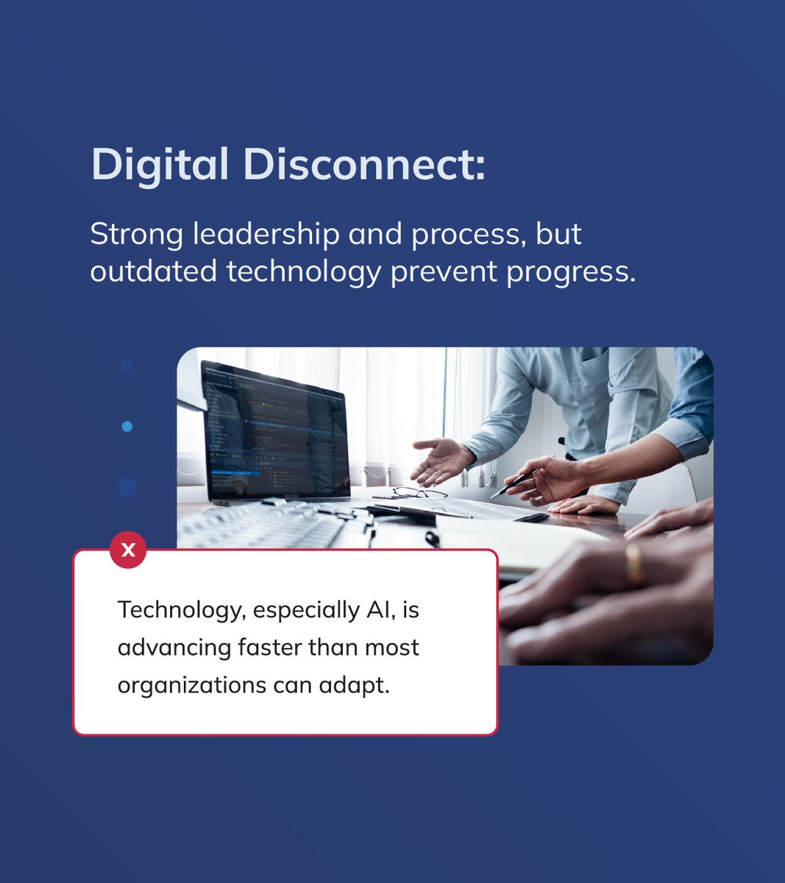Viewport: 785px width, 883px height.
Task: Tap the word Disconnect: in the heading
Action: pos(363,164)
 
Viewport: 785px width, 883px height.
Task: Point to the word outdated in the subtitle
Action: pos(153,272)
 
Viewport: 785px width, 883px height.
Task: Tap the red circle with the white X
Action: pos(128,550)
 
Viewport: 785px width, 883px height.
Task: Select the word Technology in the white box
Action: pos(174,611)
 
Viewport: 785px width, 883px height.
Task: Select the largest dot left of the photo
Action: pos(127,487)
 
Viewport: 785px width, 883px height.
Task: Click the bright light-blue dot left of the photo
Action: pos(127,426)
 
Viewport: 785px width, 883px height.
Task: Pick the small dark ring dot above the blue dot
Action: pos(127,365)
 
